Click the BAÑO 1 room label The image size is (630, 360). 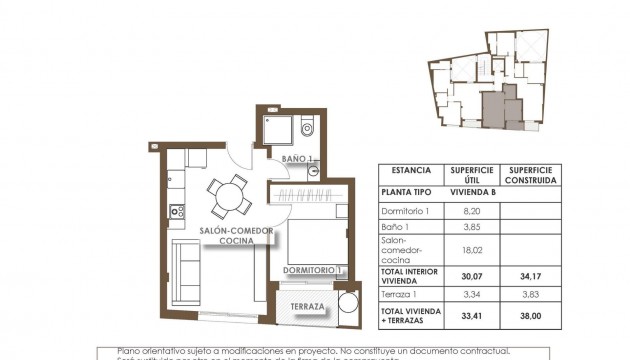pyautogui.click(x=297, y=159)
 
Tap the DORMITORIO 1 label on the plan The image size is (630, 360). pyautogui.click(x=314, y=269)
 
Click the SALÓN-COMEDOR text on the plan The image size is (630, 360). pyautogui.click(x=227, y=229)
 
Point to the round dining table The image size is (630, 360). pyautogui.click(x=231, y=196)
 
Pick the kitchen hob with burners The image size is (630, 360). pyautogui.click(x=177, y=211)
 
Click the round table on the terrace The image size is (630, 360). pyautogui.click(x=349, y=305)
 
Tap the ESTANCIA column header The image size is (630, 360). pyautogui.click(x=412, y=171)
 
